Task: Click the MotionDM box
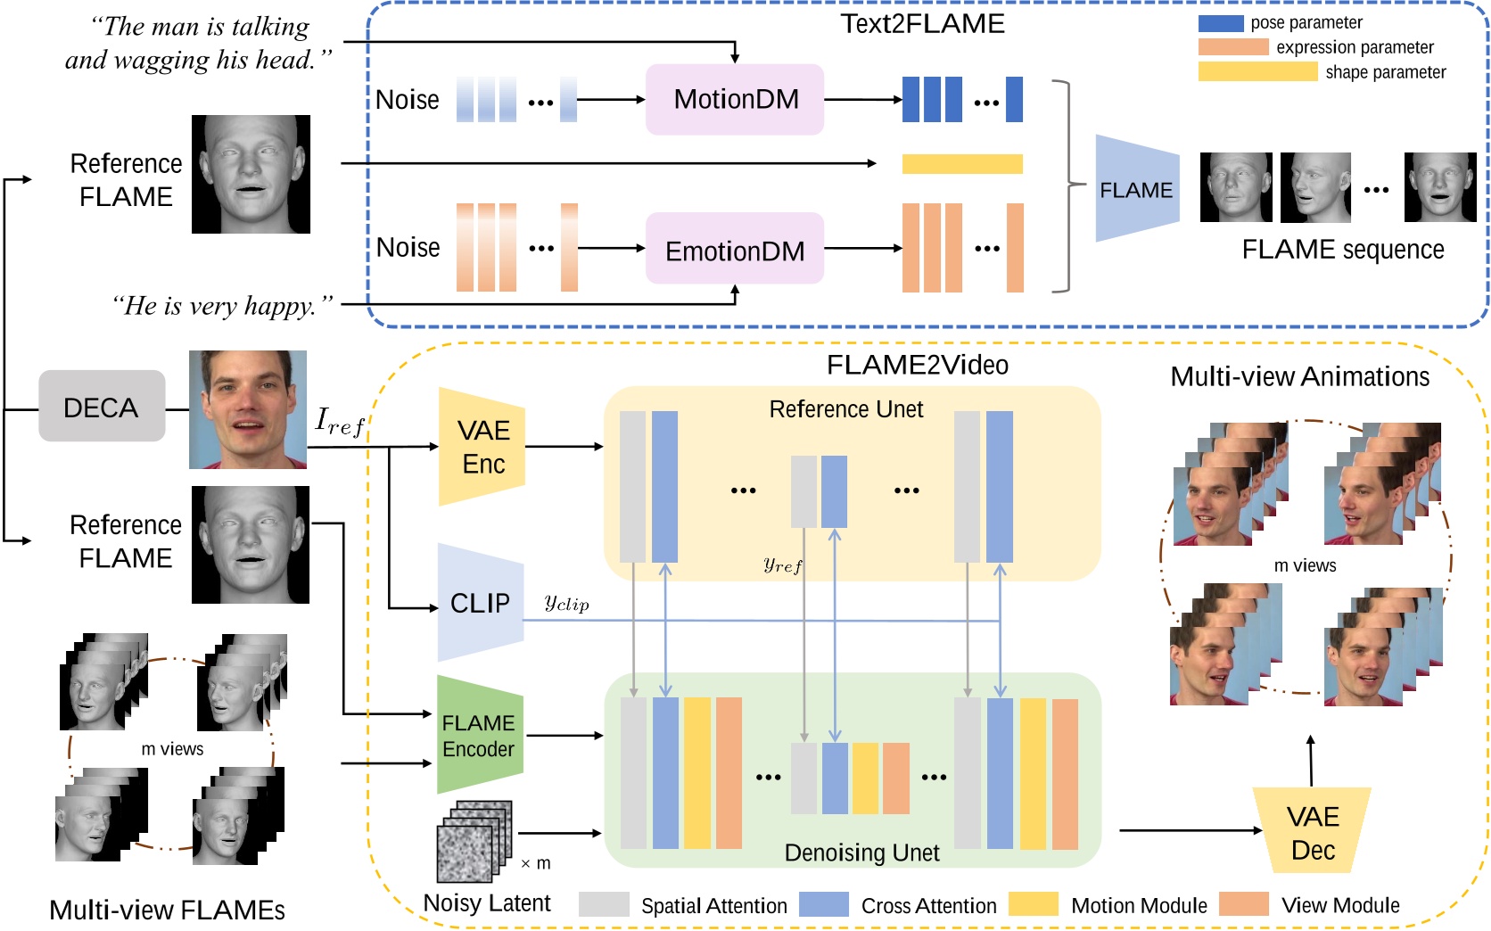pyautogui.click(x=735, y=99)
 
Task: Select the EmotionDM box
pyautogui.click(x=735, y=250)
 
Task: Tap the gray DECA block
pyautogui.click(x=102, y=407)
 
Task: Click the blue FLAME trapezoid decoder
pyautogui.click(x=1136, y=189)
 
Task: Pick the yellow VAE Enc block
pyautogui.click(x=482, y=447)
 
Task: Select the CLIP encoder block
pyautogui.click(x=480, y=603)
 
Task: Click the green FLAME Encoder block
pyautogui.click(x=479, y=736)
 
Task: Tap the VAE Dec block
pyautogui.click(x=1312, y=832)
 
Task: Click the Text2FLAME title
pyautogui.click(x=922, y=23)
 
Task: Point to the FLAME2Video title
pyautogui.click(x=917, y=365)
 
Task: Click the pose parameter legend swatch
pyautogui.click(x=1220, y=23)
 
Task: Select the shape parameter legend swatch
pyautogui.click(x=1257, y=71)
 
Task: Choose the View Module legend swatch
pyautogui.click(x=1243, y=904)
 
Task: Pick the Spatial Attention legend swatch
pyautogui.click(x=604, y=904)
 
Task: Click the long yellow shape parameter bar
pyautogui.click(x=962, y=163)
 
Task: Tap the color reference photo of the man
pyautogui.click(x=248, y=409)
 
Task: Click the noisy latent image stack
pyautogui.click(x=474, y=841)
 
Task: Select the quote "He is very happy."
pyautogui.click(x=222, y=306)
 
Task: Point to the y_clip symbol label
pyautogui.click(x=567, y=603)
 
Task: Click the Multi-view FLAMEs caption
pyautogui.click(x=167, y=910)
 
